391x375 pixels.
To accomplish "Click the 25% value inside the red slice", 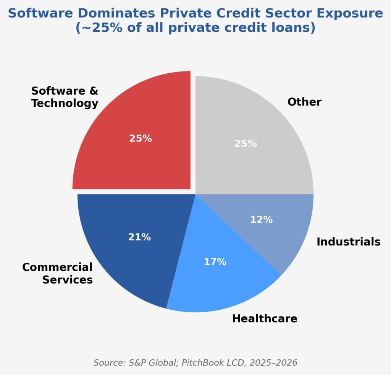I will pyautogui.click(x=141, y=139).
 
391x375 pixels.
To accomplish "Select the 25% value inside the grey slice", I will pyautogui.click(x=246, y=144).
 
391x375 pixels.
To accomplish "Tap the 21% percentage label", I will pyautogui.click(x=139, y=237).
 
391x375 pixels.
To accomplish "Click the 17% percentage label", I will pyautogui.click(x=215, y=262).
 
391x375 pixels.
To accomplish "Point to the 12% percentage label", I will pyautogui.click(x=261, y=220).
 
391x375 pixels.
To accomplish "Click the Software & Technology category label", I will pyautogui.click(x=65, y=97).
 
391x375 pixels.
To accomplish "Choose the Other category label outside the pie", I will pyautogui.click(x=304, y=102).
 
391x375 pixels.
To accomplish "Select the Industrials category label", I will pyautogui.click(x=348, y=242).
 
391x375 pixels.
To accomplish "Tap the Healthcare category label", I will pyautogui.click(x=265, y=318).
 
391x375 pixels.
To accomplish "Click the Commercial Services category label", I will pyautogui.click(x=57, y=273).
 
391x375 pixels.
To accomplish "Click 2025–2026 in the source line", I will pyautogui.click(x=273, y=363).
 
